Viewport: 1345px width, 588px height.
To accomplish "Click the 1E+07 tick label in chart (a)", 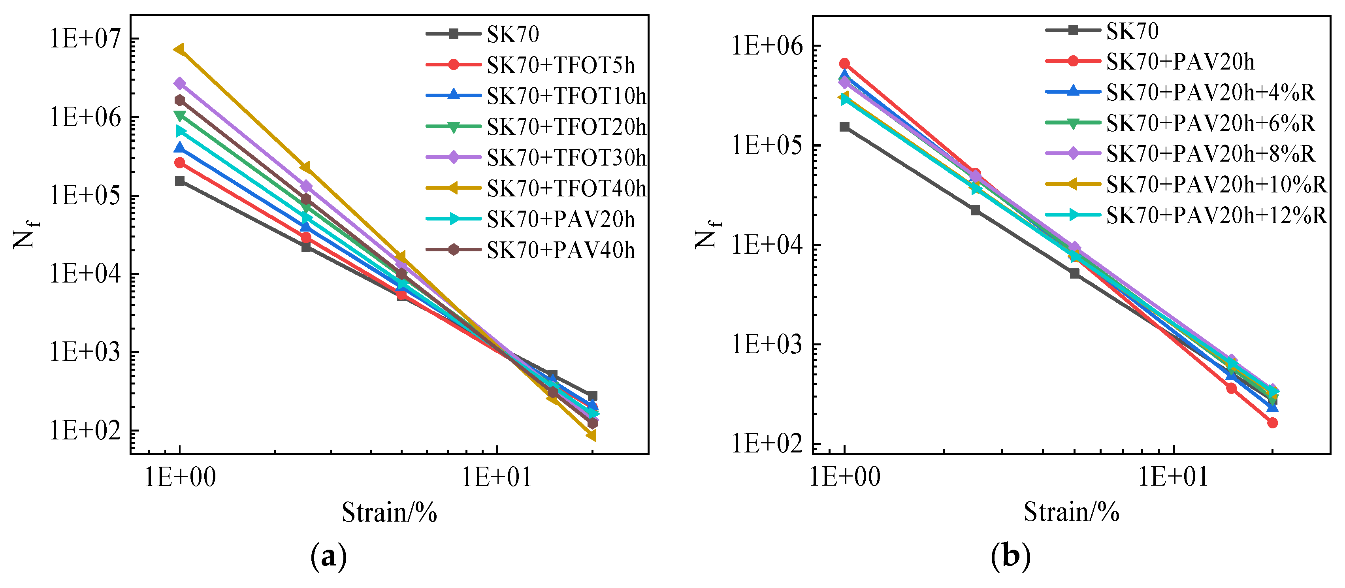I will coord(85,39).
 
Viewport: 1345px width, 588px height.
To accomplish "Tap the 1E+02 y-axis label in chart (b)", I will coord(766,443).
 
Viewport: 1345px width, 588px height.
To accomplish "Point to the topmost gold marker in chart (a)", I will coord(179,49).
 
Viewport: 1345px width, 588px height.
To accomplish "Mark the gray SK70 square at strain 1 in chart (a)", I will coord(180,181).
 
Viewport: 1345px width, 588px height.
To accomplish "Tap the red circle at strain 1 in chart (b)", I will coord(844,64).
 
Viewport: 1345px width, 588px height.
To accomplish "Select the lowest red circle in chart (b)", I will coord(1272,422).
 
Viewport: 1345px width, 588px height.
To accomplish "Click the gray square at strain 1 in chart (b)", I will coord(844,126).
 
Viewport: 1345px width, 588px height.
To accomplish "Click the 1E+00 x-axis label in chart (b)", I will coord(844,477).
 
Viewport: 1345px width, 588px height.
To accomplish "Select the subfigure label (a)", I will coord(328,557).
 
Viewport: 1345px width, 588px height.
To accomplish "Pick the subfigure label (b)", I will coord(1010,557).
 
